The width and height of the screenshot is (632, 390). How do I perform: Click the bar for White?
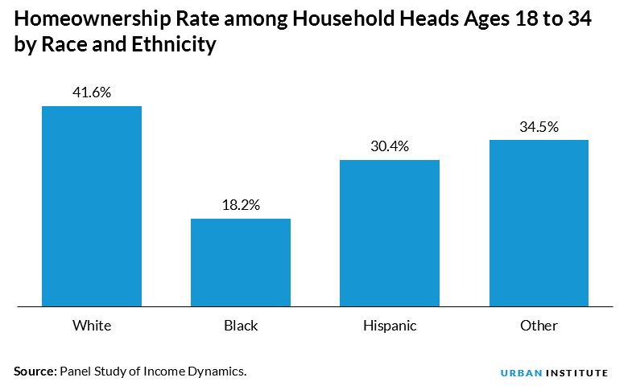92,206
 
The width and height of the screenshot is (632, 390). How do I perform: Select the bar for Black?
241,262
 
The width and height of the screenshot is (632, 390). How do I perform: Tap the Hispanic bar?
390,233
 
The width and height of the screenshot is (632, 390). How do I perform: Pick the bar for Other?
539,223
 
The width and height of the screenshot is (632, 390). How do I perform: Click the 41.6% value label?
92,92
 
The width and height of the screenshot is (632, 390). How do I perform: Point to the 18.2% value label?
241,205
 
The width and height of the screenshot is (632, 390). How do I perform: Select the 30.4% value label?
390,146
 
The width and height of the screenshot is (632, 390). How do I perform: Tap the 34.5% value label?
539,127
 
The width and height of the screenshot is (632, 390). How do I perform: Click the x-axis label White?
92,326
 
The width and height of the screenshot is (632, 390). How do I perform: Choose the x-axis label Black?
241,326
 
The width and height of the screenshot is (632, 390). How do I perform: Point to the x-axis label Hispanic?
390,326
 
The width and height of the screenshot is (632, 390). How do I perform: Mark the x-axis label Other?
539,326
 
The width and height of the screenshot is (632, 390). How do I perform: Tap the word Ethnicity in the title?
175,45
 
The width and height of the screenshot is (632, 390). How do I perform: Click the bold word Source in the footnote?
35,371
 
